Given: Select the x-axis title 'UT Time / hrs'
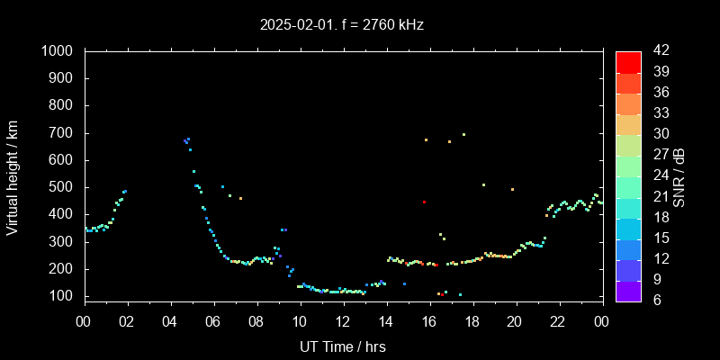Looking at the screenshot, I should click(x=343, y=346).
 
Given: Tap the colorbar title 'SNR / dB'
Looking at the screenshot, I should click(x=679, y=175).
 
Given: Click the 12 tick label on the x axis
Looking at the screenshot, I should click(x=343, y=321).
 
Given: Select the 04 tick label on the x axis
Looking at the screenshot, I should click(x=171, y=321).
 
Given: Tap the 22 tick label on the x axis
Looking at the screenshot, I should click(x=558, y=321).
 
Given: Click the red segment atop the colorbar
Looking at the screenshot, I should click(x=628, y=61).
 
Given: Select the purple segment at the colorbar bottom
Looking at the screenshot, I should click(x=628, y=290).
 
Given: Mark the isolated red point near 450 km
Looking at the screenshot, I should click(x=424, y=202).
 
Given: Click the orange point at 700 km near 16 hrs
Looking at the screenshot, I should click(x=426, y=139).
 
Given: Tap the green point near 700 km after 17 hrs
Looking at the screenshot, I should click(x=463, y=134).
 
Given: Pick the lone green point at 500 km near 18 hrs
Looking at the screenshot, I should click(x=483, y=184).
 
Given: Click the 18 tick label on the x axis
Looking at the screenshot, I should click(x=472, y=321).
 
